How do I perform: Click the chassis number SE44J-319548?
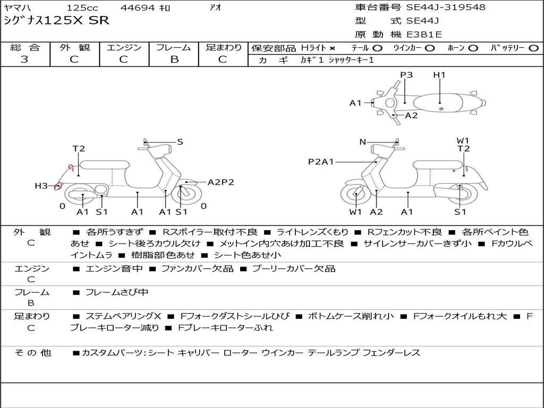point(446,7)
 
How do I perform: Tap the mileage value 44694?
point(138,8)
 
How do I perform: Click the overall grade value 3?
point(24,59)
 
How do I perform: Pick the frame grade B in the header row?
point(174,59)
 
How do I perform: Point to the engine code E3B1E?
point(424,35)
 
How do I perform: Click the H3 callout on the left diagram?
point(41,186)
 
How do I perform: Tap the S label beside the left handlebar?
point(180,142)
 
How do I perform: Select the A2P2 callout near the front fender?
point(220,182)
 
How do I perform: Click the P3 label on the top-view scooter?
point(406,75)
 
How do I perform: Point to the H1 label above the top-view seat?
point(439,75)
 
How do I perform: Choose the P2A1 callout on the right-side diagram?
point(321,161)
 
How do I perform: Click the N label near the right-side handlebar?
point(363,142)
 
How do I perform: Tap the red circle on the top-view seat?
point(441,108)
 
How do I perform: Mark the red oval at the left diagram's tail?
point(58,186)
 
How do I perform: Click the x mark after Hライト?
point(332,48)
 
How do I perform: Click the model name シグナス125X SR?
point(56,21)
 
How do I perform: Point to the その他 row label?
point(32,353)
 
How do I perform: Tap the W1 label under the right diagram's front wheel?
point(355,212)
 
